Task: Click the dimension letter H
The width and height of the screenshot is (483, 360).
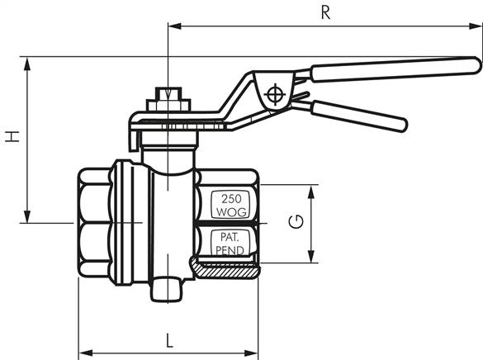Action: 12,136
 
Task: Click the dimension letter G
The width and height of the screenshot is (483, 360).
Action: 294,221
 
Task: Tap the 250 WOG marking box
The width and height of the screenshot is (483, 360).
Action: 229,206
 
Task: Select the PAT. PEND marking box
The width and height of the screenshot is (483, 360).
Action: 229,243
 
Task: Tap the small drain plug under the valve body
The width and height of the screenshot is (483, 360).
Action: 168,290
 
